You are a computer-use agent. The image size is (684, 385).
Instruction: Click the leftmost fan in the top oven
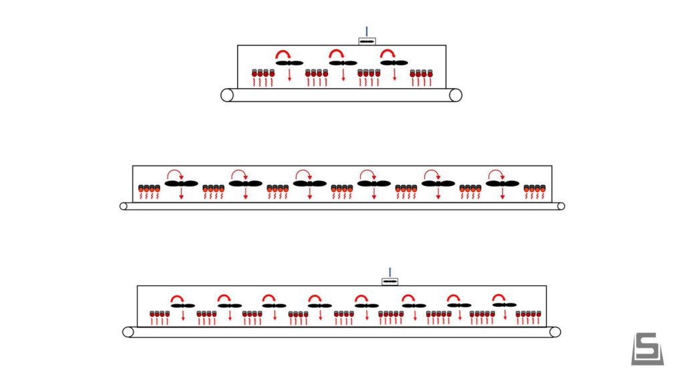coord(290,63)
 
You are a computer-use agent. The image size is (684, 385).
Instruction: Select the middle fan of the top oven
coord(343,63)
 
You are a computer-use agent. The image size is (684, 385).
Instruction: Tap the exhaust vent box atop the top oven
coord(367,41)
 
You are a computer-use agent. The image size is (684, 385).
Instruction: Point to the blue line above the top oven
coord(367,31)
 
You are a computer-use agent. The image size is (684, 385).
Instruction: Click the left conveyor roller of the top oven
coord(227,95)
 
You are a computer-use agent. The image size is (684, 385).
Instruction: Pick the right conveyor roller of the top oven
coord(456,95)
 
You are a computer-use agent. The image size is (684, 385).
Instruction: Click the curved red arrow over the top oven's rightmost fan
coord(388,53)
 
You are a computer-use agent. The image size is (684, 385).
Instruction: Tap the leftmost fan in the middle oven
coord(182,183)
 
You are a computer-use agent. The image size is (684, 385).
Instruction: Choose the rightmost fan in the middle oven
coord(502,183)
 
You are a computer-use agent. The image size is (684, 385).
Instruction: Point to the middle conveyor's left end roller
coord(124,206)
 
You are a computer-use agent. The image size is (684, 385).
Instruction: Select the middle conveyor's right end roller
coord(560,206)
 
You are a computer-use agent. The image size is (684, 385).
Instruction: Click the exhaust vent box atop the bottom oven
coord(389,281)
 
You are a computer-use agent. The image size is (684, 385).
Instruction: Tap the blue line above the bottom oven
coord(389,271)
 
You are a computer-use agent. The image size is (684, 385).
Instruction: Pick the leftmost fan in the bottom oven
coord(182,305)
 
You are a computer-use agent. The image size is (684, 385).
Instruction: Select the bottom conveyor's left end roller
coord(128,332)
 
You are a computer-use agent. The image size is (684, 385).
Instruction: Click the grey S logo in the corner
coord(647,348)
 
